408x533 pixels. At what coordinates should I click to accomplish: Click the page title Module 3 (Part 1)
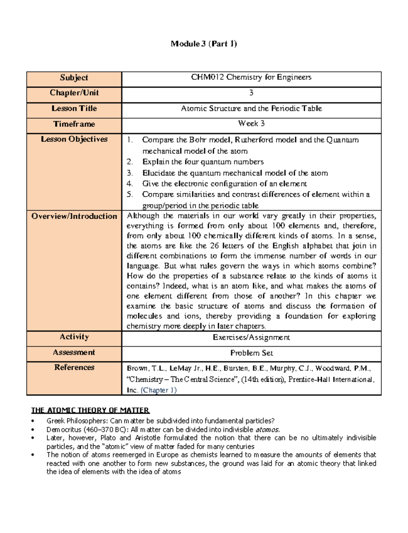click(x=204, y=43)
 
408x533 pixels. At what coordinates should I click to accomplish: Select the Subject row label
click(x=74, y=77)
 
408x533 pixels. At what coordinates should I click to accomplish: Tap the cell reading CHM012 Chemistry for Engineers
click(x=251, y=77)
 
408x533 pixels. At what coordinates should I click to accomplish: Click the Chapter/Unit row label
click(x=74, y=93)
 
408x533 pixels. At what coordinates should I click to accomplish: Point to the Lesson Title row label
click(x=74, y=108)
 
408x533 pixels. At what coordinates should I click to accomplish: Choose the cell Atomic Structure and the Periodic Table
click(x=251, y=108)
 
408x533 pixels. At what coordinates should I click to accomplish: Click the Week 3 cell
click(x=251, y=124)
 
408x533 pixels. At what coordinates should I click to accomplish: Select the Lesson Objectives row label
click(x=74, y=139)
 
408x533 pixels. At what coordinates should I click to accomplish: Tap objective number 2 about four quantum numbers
click(x=203, y=162)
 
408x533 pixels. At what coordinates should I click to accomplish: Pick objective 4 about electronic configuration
click(x=224, y=184)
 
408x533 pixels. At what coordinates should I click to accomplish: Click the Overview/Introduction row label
click(x=74, y=216)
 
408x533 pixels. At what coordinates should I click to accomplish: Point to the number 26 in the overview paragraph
click(x=214, y=246)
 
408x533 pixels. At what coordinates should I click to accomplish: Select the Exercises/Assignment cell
click(x=251, y=337)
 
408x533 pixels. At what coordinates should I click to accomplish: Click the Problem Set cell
click(x=251, y=353)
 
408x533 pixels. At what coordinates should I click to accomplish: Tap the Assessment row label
click(x=74, y=352)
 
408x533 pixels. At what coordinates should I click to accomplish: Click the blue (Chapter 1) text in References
click(x=158, y=390)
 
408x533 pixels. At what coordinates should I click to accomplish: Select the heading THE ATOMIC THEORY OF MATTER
click(x=90, y=410)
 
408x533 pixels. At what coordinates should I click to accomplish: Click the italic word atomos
click(x=267, y=429)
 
